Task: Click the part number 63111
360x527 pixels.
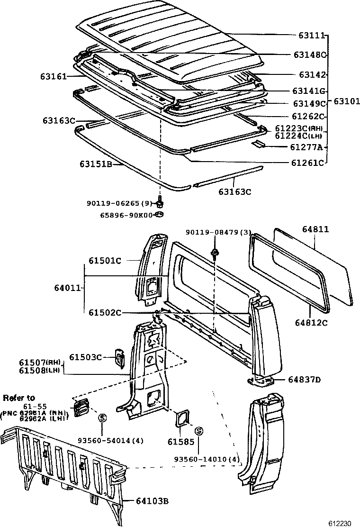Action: [x=311, y=36]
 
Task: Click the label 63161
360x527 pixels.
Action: [x=54, y=76]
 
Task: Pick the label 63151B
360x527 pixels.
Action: [x=95, y=164]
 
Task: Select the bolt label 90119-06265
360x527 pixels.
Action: [x=119, y=203]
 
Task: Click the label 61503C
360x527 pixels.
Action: [x=86, y=357]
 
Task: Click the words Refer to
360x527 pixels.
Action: [x=19, y=397]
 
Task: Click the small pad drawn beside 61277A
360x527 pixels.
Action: [x=260, y=143]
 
